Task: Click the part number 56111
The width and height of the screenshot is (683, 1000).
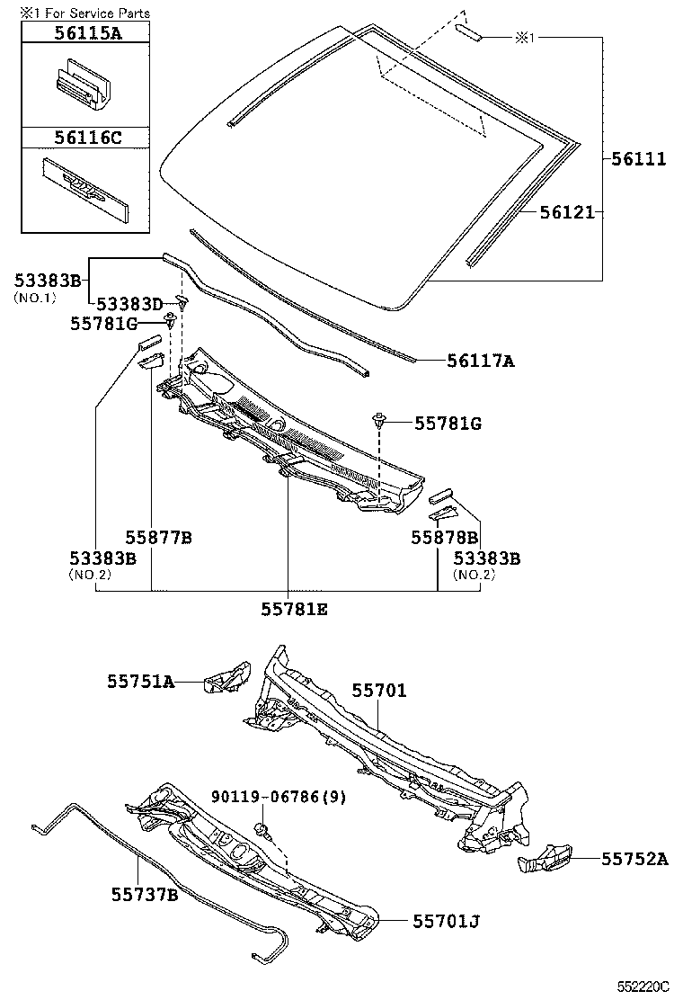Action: tap(639, 159)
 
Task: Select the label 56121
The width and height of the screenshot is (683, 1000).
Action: tap(567, 213)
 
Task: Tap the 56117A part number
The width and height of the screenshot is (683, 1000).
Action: tap(481, 362)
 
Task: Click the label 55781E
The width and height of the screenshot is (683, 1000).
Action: tap(295, 609)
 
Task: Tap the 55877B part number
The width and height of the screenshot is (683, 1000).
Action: tap(158, 538)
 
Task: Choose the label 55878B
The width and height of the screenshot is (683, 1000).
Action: tap(444, 538)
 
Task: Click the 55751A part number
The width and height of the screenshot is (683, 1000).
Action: tap(141, 682)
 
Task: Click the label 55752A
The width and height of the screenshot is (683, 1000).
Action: tap(634, 859)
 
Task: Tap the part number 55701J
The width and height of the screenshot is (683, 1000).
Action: tap(447, 921)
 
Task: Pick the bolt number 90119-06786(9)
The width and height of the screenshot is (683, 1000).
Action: tap(279, 797)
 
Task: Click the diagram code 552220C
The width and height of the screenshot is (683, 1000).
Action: tap(643, 987)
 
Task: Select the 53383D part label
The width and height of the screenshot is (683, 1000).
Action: tap(130, 304)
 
